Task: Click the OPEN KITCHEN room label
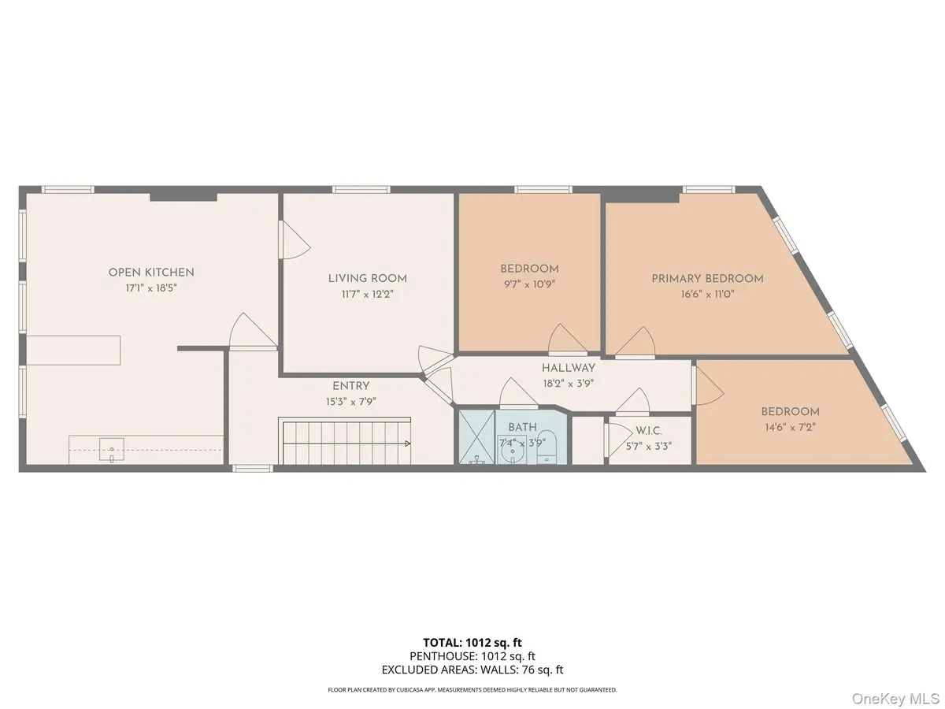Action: (x=150, y=273)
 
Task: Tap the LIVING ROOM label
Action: (x=367, y=278)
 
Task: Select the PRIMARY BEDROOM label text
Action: (x=707, y=278)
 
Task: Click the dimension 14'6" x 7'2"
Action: (x=789, y=427)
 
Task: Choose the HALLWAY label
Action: (x=568, y=368)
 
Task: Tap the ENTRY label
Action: (x=350, y=386)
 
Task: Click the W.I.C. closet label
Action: (x=649, y=430)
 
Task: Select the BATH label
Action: (x=521, y=427)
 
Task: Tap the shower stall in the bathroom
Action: (x=476, y=438)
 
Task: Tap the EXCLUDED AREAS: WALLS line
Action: (x=472, y=670)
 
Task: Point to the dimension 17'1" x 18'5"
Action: (x=150, y=288)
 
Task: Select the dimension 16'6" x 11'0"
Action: (x=707, y=294)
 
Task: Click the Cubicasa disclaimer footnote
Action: (x=472, y=690)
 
